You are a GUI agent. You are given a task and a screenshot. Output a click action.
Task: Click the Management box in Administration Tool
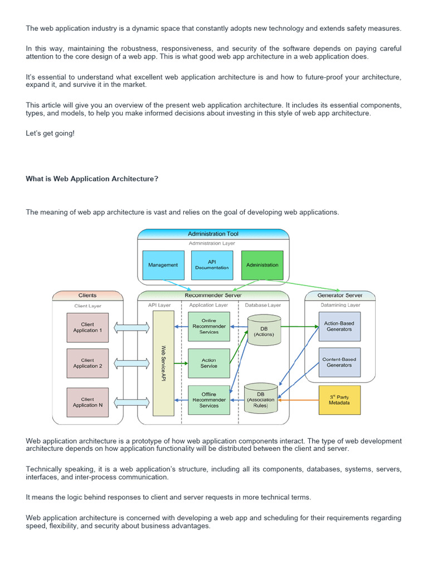[163, 265]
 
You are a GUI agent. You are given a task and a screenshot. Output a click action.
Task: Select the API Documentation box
[212, 265]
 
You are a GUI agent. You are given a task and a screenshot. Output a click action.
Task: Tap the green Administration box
[262, 265]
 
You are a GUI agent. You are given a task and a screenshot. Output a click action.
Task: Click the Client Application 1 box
[87, 327]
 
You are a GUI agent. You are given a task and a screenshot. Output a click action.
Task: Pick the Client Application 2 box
[87, 363]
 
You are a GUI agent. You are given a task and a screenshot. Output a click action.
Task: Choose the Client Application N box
[87, 402]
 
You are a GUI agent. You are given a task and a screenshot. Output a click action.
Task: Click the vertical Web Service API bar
[163, 363]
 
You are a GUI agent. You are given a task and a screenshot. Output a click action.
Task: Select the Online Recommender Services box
[209, 326]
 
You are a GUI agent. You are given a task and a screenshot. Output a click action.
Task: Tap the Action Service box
[209, 363]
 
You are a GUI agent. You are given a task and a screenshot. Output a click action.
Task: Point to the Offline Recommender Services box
[209, 400]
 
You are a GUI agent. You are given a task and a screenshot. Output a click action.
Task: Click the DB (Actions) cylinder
[263, 330]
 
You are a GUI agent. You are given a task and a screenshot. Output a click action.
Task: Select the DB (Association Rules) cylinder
[261, 397]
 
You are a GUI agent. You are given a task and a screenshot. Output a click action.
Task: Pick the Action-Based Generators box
[339, 326]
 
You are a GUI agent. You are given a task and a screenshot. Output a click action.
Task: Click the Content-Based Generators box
[339, 362]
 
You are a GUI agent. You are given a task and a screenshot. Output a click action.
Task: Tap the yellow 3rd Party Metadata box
[339, 400]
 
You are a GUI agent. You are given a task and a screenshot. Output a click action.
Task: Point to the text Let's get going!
[50, 134]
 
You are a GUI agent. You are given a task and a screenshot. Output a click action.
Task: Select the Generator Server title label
[339, 295]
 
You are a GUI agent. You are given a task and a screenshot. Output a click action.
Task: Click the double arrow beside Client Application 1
[130, 327]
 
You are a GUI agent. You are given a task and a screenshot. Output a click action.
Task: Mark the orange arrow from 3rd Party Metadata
[298, 400]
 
